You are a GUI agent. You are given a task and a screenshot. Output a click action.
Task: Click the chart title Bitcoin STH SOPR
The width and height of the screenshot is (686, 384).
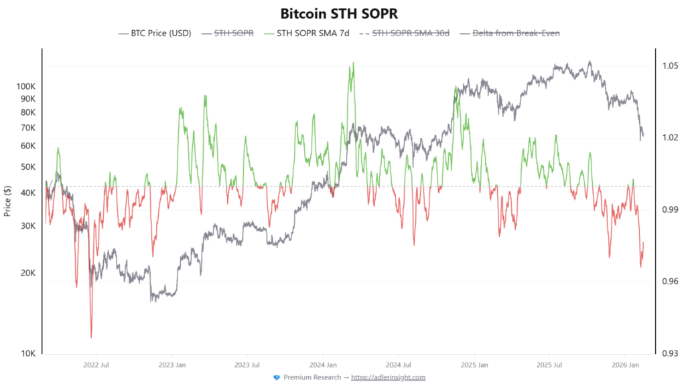click(342, 13)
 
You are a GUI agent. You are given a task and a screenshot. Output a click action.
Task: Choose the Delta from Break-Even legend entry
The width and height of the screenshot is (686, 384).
click(515, 32)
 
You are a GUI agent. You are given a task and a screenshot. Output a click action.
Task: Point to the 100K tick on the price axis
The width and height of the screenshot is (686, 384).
click(25, 86)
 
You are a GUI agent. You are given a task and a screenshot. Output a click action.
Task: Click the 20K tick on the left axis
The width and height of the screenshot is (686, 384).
click(27, 273)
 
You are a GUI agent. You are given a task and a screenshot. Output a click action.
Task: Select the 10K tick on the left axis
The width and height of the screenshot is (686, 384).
click(27, 353)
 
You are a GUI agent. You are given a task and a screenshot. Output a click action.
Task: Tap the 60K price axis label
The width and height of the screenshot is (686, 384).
click(27, 146)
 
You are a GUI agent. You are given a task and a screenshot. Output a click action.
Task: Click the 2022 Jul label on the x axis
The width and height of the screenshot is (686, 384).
click(96, 365)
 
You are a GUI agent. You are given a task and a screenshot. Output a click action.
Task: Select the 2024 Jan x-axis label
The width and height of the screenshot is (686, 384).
click(322, 365)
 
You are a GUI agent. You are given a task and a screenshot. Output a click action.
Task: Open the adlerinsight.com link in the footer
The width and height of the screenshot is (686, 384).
click(388, 377)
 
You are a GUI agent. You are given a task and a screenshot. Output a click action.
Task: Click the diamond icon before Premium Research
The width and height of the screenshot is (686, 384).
click(277, 377)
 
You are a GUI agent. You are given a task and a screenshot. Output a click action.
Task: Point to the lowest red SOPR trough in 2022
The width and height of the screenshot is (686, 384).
click(91, 337)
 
